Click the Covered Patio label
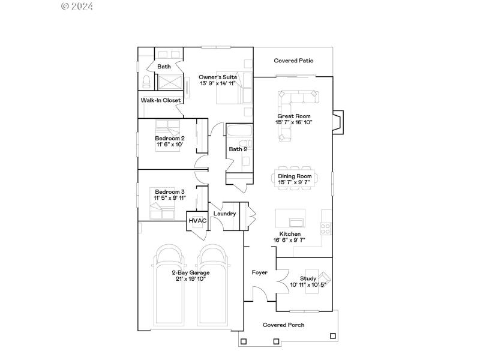[x=293, y=61]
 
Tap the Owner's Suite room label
[x=218, y=77]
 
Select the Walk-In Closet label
[x=161, y=100]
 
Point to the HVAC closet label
[x=197, y=221]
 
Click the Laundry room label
[x=224, y=214]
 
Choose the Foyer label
[x=259, y=272]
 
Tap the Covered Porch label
[x=283, y=325]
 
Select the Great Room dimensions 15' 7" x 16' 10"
[x=294, y=122]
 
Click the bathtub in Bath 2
[x=238, y=131]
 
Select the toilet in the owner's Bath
[x=146, y=82]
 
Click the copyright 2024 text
[x=77, y=7]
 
